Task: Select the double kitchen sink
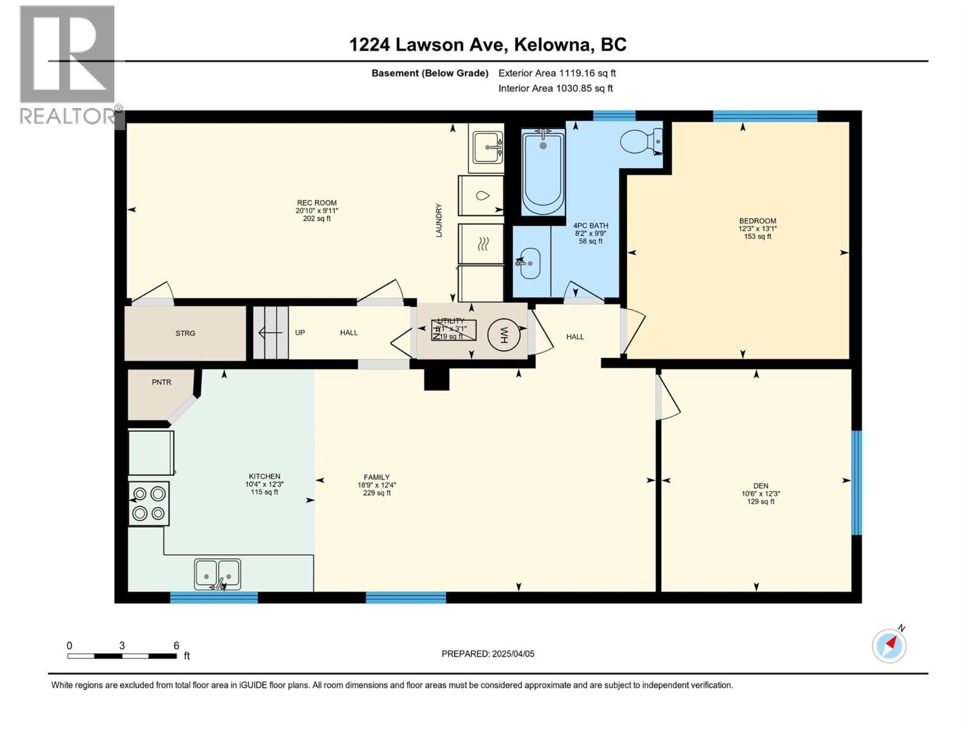(x=217, y=574)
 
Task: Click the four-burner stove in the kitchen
(x=149, y=503)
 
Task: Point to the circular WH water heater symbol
(x=504, y=335)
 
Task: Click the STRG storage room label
(x=185, y=333)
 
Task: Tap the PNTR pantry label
(x=161, y=382)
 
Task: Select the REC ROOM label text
(x=317, y=203)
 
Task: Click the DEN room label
(x=760, y=486)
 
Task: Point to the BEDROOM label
(x=757, y=221)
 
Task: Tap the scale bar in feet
(x=122, y=655)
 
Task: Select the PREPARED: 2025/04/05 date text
(x=488, y=654)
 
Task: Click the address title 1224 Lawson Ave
(x=487, y=45)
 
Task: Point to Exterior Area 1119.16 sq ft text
(x=557, y=73)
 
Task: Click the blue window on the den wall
(x=856, y=483)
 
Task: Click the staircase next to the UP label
(x=271, y=333)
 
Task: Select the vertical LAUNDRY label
(x=438, y=220)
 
